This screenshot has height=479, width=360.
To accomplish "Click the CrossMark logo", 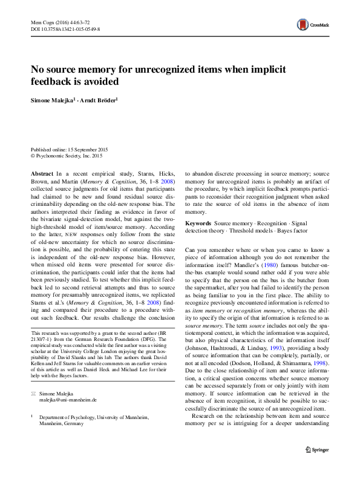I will (x=312, y=25).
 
